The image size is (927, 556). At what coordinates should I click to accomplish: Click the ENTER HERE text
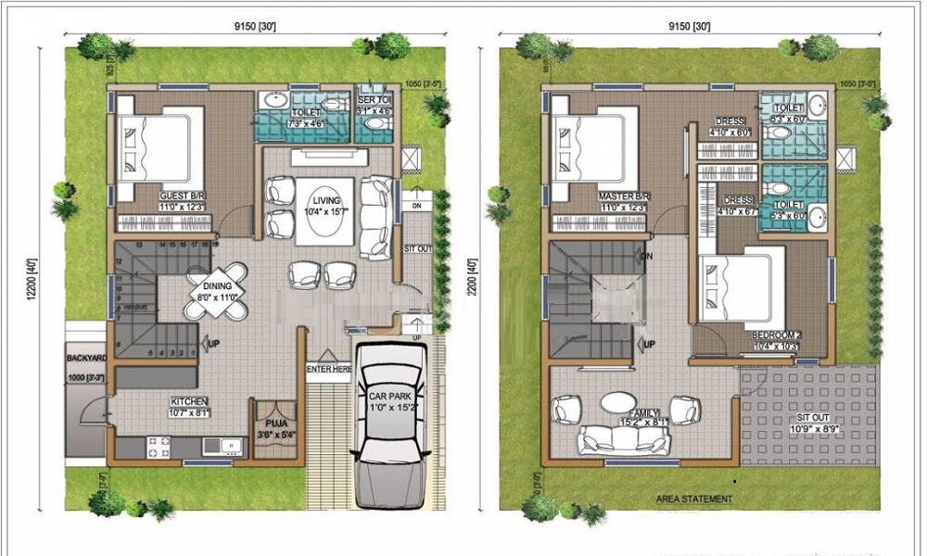pos(330,369)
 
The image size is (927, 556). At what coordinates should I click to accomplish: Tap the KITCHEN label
pos(188,402)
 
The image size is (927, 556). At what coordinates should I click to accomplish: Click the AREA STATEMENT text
pos(694,499)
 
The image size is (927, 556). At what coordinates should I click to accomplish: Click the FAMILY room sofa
pos(623,440)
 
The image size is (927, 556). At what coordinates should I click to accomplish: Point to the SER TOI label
pos(375,99)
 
